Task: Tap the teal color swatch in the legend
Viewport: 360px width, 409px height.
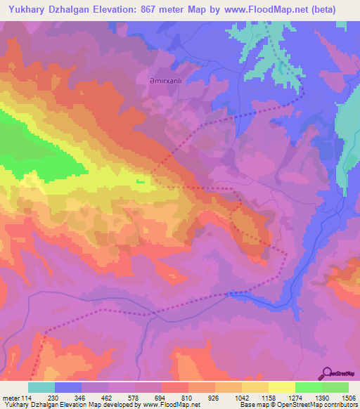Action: point(41,387)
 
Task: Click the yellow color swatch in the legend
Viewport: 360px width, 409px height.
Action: point(281,387)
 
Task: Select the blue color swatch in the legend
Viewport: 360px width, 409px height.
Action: point(68,387)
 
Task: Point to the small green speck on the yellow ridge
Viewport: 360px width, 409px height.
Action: point(141,181)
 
